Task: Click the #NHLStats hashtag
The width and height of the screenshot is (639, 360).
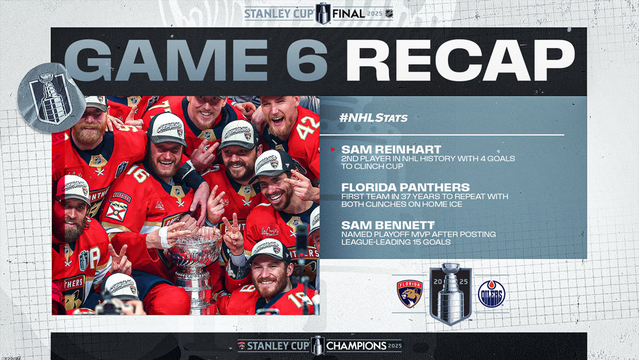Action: click(373, 118)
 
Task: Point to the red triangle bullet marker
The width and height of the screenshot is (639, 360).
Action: click(333, 150)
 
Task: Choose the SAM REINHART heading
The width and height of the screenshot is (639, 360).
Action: click(391, 149)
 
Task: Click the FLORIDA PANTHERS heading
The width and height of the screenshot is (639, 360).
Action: click(406, 187)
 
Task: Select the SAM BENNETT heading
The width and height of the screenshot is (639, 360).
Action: click(388, 224)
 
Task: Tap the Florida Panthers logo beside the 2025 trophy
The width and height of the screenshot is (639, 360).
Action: click(410, 293)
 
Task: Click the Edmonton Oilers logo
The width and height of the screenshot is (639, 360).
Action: click(491, 293)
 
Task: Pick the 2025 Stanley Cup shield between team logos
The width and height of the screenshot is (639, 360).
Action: click(450, 293)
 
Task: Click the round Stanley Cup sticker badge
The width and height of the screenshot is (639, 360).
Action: click(51, 98)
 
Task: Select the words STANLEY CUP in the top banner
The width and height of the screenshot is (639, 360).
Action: click(279, 14)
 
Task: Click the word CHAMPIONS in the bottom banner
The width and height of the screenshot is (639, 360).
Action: click(356, 346)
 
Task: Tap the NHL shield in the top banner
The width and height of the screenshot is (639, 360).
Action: click(389, 14)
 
